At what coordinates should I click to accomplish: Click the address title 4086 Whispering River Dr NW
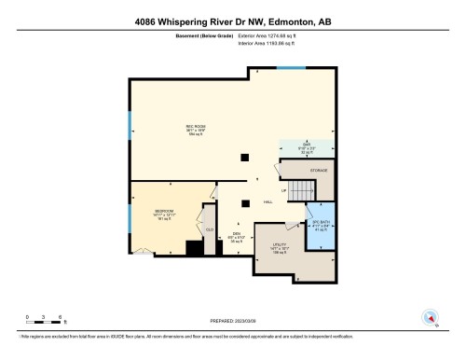(x=232, y=21)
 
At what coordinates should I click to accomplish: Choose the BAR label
(x=301, y=145)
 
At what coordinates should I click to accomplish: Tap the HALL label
(x=267, y=202)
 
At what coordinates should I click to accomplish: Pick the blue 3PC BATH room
(x=321, y=229)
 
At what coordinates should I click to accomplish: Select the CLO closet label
(x=210, y=228)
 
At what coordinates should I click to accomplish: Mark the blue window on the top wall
(x=292, y=68)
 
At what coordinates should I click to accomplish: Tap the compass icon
(x=430, y=316)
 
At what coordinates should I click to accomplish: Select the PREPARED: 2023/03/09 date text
(x=233, y=321)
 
